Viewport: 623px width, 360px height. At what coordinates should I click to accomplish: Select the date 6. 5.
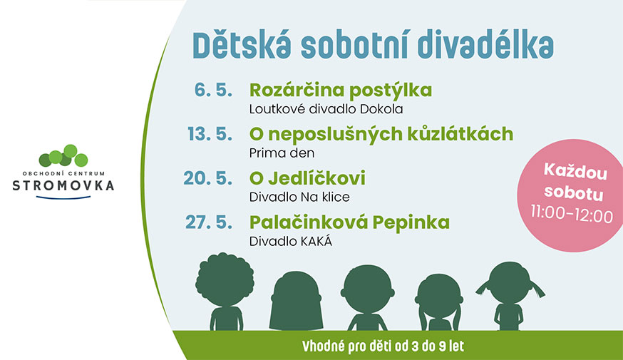click(213, 91)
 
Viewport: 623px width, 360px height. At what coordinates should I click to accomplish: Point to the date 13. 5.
click(210, 134)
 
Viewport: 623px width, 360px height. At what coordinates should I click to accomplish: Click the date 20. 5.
click(208, 178)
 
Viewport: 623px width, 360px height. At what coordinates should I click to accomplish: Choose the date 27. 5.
click(209, 222)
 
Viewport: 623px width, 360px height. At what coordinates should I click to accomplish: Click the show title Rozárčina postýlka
click(341, 91)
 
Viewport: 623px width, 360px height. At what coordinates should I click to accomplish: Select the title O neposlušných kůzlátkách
click(381, 134)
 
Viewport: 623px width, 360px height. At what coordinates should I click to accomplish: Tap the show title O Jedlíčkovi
click(307, 178)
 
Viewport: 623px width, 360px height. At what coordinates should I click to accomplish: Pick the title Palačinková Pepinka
click(349, 222)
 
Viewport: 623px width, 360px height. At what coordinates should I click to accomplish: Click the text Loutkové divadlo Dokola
click(326, 109)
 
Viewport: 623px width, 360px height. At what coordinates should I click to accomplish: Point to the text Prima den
click(282, 153)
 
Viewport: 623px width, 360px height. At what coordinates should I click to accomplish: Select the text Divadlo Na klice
click(299, 197)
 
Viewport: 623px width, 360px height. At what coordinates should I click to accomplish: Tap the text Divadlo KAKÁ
click(290, 241)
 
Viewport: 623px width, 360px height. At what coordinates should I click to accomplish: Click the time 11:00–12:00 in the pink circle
click(572, 215)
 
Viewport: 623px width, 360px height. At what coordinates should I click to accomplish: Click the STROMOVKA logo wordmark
click(63, 185)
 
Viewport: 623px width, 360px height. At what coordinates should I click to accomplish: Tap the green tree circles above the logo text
click(63, 155)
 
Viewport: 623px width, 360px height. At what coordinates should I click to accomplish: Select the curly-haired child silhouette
click(225, 292)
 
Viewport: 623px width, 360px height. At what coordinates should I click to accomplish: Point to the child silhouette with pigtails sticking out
click(510, 296)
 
